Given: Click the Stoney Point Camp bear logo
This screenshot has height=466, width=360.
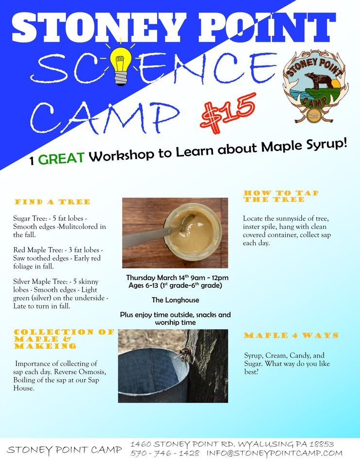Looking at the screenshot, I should (315, 87).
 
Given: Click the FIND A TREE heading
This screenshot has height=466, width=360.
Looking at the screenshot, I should (52, 202).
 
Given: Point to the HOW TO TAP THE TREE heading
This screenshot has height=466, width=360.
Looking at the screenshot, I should (281, 196).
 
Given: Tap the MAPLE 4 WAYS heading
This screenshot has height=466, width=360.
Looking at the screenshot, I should (291, 335).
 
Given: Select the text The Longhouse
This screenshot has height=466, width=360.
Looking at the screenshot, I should (175, 300).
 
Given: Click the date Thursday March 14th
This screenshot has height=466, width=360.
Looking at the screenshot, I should (156, 278).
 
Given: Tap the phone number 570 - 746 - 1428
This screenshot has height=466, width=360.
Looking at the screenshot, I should (165, 453).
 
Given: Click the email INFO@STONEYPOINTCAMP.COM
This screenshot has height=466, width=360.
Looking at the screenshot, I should (275, 453).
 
